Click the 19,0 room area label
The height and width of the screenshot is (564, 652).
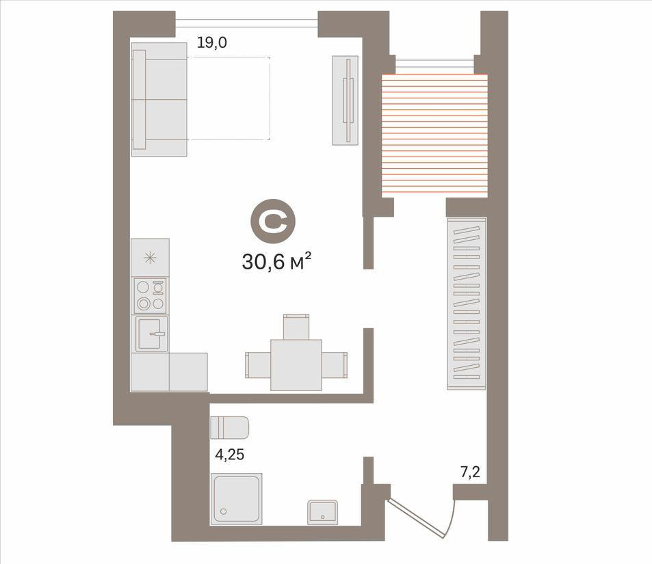coord(212,42)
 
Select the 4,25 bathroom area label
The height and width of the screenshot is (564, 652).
coord(229,455)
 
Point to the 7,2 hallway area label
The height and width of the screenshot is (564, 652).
coord(470,472)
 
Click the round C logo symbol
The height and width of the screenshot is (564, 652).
coord(273,222)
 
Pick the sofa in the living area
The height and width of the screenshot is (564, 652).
coord(159,99)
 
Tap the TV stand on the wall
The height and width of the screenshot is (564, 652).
coord(345,100)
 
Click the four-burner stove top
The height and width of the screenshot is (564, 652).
coord(150,295)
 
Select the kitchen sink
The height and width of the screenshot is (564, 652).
coord(152,334)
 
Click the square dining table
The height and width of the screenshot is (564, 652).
coord(296,365)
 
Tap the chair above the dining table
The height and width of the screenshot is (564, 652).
coord(296,327)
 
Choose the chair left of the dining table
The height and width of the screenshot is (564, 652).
coord(258,365)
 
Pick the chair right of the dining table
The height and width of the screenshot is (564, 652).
coord(335,365)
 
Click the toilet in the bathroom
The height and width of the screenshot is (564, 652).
coord(229,427)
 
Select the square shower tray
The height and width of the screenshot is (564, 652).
coord(236,498)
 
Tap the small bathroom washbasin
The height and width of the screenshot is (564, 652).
coord(322,512)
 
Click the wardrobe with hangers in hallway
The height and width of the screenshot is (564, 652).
coord(467,304)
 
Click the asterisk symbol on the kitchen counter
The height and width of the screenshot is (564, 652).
coord(150,258)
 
